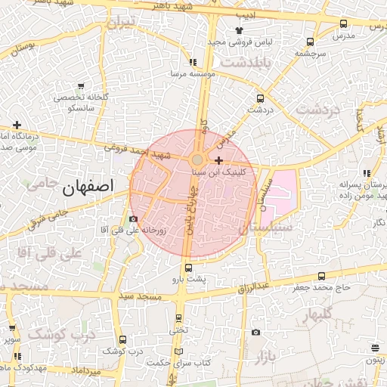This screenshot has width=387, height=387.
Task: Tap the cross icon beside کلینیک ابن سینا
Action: pos(219,160)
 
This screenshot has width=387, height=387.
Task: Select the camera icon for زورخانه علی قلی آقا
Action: pos(133,219)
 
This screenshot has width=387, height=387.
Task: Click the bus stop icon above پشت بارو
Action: pos(187,268)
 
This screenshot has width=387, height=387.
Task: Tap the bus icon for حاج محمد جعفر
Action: pos(322,276)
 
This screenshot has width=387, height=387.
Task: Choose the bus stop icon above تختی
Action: pos(178,318)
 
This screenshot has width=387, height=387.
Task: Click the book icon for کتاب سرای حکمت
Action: pos(178,351)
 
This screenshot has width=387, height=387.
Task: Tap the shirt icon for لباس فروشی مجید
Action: pos(239,29)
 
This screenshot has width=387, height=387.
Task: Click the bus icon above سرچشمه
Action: pos(310,42)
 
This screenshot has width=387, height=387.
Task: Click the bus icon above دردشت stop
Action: pos(261,98)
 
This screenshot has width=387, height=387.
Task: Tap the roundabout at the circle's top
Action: pos(197,159)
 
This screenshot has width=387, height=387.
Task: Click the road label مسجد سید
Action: pos(144,298)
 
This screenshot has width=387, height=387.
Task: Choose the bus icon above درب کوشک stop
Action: pos(123,340)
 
